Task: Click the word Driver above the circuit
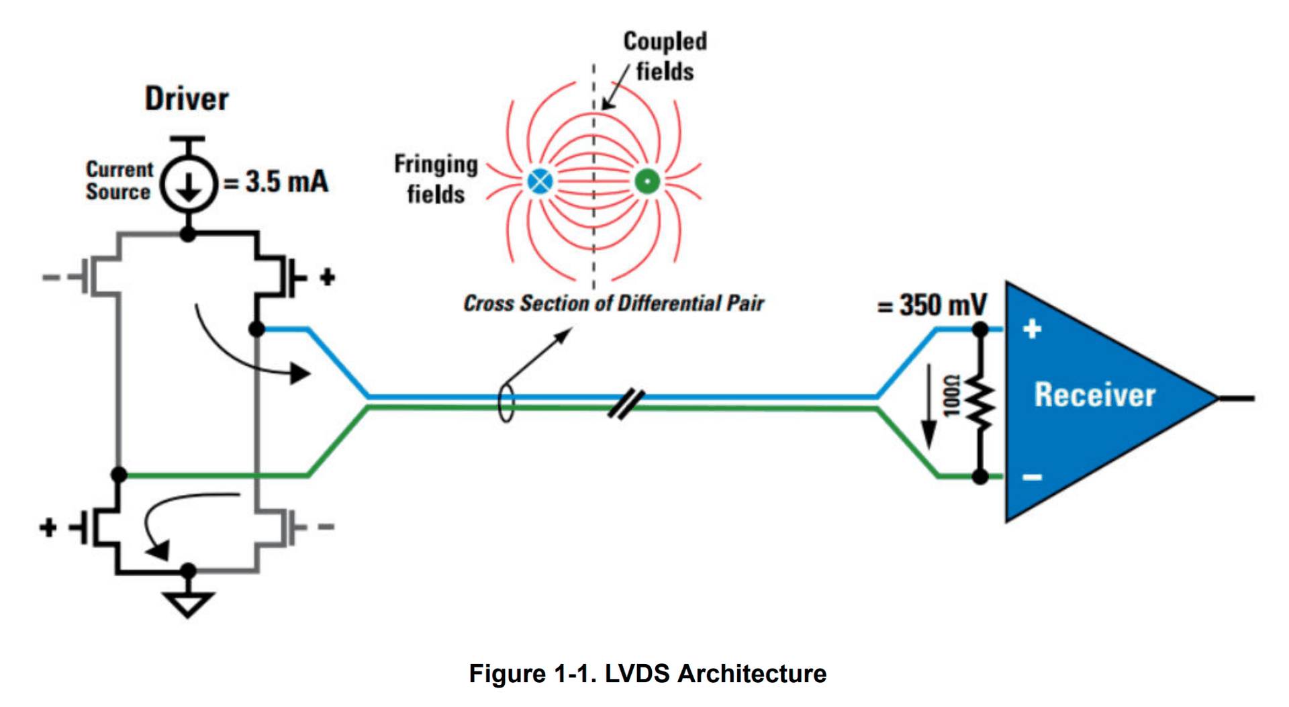187,99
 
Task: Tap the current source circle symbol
189,183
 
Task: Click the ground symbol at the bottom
188,604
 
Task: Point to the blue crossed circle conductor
540,181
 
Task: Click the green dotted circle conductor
647,181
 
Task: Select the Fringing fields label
436,179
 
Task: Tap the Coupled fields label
665,56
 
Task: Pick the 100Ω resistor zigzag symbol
980,403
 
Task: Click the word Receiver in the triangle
1095,395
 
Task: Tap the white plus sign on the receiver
1032,329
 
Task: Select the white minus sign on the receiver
1032,477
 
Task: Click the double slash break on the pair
626,404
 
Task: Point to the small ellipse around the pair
506,403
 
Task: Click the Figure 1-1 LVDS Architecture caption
648,673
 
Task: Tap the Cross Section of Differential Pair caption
614,303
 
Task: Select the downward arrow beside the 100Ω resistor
929,407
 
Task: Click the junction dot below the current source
188,234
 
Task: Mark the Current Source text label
120,181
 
